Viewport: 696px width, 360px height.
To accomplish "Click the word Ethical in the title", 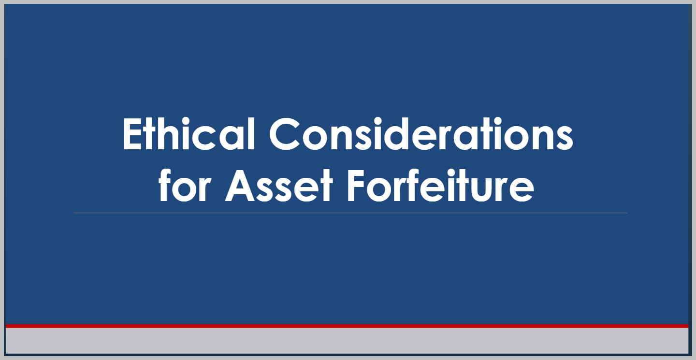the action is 189,134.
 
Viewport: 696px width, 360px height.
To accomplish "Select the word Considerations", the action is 421,134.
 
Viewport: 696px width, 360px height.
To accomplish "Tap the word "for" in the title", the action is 185,186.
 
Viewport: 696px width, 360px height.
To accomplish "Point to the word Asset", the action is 279,186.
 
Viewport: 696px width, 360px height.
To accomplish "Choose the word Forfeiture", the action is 440,186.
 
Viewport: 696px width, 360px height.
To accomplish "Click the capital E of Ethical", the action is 133,134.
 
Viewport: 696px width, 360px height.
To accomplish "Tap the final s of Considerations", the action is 564,139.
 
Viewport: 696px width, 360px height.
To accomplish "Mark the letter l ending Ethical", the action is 252,134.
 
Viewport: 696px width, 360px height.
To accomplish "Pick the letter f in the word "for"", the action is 165,186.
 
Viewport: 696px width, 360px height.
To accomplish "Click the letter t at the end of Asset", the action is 326,187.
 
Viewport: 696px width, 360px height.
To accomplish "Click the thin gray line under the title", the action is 350,213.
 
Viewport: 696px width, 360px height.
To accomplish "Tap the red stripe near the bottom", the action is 347,326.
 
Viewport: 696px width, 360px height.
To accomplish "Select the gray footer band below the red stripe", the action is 347,341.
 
